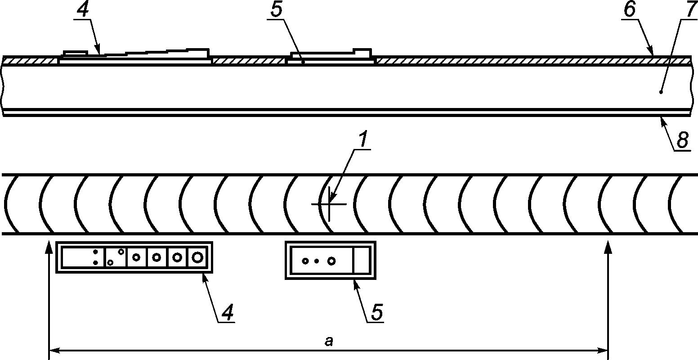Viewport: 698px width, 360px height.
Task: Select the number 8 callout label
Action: [682, 140]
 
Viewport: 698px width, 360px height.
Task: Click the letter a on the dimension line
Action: [329, 342]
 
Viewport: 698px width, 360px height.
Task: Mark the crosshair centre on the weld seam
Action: [329, 204]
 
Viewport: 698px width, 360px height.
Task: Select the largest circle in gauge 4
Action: [197, 257]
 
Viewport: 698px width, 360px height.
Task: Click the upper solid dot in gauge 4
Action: [96, 252]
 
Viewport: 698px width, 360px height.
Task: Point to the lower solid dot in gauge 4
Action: [96, 263]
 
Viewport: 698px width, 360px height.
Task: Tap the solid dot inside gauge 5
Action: [317, 261]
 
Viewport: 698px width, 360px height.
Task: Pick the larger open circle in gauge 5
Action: [331, 261]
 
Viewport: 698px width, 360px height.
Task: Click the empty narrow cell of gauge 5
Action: [362, 260]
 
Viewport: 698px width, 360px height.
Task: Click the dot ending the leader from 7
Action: [660, 92]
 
